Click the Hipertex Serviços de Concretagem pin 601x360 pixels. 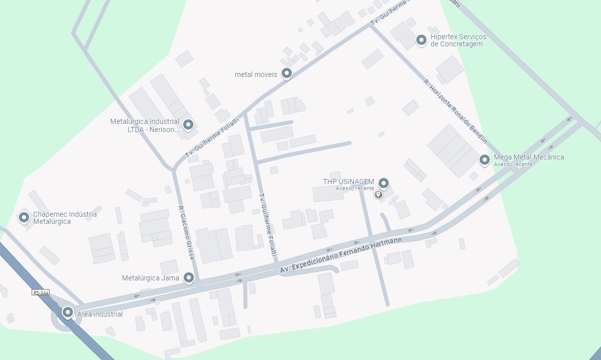coord(421,39)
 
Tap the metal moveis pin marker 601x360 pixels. coord(287,73)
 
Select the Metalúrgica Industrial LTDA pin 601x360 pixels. coord(188,124)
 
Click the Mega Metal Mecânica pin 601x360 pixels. coord(484,160)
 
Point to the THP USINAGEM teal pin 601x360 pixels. coord(384,183)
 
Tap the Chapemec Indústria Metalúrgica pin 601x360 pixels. coord(23,217)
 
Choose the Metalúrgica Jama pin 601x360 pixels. coord(189,277)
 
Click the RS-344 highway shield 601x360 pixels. coord(40,292)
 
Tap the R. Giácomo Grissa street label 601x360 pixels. coord(186,233)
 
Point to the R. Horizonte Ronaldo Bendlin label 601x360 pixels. coord(456,111)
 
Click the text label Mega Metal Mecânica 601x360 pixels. coord(529,157)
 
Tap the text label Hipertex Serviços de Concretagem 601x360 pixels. coord(458,40)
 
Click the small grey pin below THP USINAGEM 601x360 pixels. coord(378,194)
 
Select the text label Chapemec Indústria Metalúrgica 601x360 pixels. coord(65,218)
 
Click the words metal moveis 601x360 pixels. coord(256,74)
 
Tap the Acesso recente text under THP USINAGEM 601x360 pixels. coord(355,188)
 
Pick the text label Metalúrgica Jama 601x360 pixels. coord(151,278)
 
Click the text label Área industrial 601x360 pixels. coord(100,314)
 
